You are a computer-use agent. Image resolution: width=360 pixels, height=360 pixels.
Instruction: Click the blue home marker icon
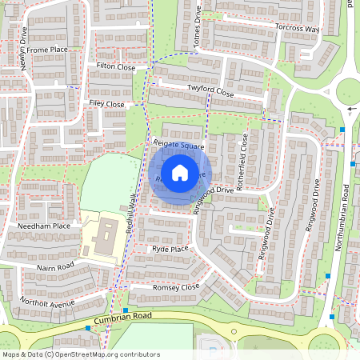tap(180, 172)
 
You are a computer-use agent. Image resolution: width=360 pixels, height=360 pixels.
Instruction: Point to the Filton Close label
tap(115, 68)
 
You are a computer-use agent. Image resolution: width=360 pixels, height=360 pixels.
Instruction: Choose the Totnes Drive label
tap(198, 20)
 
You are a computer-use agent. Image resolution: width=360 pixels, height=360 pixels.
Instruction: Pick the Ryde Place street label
tap(169, 250)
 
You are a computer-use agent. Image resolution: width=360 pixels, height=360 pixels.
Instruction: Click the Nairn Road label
tap(54, 266)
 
